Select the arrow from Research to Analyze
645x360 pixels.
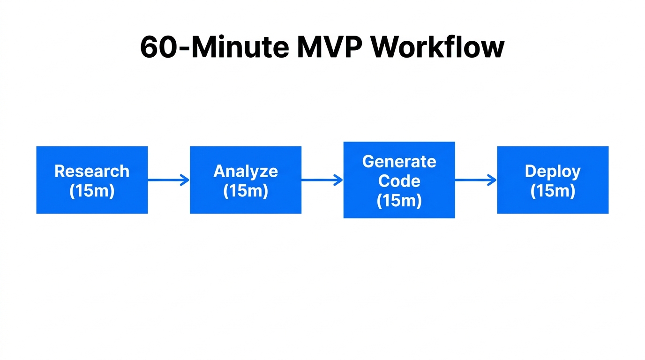(x=169, y=180)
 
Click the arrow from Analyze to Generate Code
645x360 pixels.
(x=322, y=180)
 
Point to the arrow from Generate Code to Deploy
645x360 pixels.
(x=476, y=180)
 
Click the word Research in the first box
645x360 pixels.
(x=92, y=171)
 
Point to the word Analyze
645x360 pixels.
(x=246, y=171)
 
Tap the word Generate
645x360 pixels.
(x=399, y=161)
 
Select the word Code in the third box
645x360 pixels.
(x=399, y=181)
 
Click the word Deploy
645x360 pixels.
(x=553, y=171)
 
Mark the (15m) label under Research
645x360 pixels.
(x=92, y=191)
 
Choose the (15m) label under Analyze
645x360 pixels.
(x=246, y=191)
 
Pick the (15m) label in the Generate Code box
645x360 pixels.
(x=399, y=201)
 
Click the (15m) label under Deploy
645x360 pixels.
(x=553, y=191)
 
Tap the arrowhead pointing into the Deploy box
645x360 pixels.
(x=492, y=180)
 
